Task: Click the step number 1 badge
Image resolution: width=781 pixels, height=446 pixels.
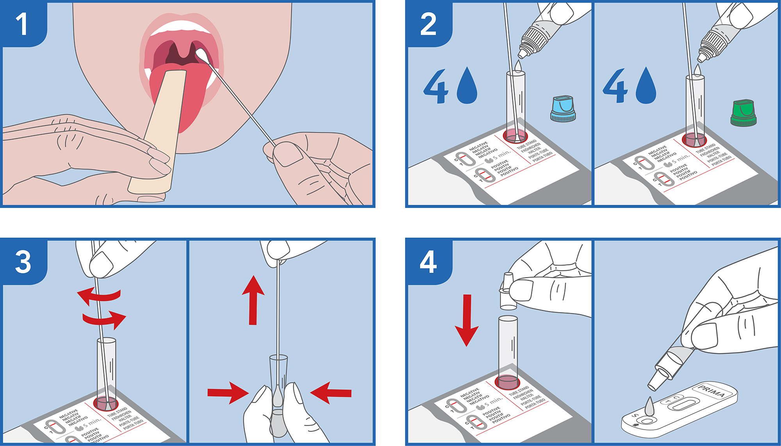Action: [22, 24]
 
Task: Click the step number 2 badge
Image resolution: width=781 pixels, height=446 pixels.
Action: [428, 24]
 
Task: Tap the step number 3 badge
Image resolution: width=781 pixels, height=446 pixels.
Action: [23, 261]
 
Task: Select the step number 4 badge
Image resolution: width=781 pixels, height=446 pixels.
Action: [428, 262]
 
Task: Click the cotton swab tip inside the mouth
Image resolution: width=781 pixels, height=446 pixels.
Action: [201, 55]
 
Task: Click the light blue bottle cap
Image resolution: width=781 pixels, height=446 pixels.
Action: [563, 108]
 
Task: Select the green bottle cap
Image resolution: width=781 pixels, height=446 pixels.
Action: [743, 113]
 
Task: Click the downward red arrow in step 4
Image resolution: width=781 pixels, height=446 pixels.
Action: [467, 320]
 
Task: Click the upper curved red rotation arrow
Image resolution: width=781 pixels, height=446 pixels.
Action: [100, 295]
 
